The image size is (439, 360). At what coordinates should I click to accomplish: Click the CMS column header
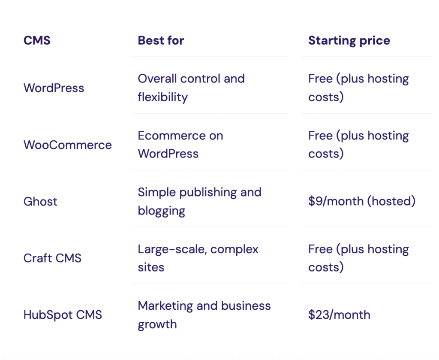[37, 41]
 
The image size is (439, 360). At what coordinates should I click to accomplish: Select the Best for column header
[161, 41]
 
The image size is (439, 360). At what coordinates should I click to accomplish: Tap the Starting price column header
[349, 41]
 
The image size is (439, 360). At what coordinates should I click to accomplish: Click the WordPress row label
[54, 88]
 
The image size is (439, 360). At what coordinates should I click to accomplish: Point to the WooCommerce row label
[67, 145]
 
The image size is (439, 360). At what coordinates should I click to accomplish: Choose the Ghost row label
[40, 202]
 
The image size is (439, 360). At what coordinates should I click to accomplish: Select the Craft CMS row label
[52, 258]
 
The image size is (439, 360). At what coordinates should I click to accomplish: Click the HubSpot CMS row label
[63, 315]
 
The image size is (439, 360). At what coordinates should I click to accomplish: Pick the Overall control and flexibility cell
[191, 88]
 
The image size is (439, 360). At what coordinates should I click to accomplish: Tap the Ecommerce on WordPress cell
[180, 145]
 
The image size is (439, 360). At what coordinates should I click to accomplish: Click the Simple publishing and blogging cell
[199, 202]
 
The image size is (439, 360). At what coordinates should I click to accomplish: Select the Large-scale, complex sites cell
[198, 258]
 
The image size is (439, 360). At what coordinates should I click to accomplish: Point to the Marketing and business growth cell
[204, 315]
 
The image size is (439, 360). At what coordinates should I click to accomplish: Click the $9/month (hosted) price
[361, 202]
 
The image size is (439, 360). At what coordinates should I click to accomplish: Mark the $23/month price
[339, 315]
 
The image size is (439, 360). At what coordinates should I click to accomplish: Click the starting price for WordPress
[358, 88]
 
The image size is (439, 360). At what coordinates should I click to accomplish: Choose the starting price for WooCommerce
[358, 145]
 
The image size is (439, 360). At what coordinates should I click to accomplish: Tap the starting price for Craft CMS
[358, 258]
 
